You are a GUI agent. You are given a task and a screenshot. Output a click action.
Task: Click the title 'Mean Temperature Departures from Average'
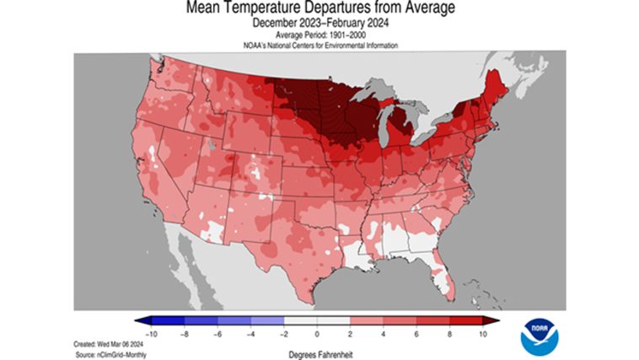[x=319, y=9]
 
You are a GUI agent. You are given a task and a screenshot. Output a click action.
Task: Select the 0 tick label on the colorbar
[x=317, y=334]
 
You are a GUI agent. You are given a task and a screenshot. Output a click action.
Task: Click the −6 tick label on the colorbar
[x=217, y=334]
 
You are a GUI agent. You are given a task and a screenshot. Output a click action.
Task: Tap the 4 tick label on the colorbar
[x=384, y=334]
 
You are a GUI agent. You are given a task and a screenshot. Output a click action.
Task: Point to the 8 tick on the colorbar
[x=450, y=334]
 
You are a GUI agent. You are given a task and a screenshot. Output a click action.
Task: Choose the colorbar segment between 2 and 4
[x=367, y=321]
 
